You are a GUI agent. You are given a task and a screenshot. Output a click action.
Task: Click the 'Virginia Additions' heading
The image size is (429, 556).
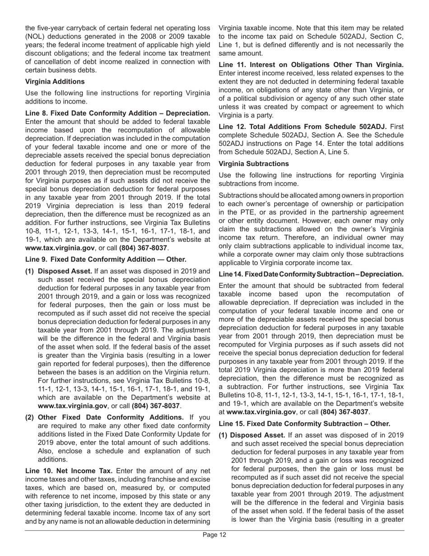coord(55,81)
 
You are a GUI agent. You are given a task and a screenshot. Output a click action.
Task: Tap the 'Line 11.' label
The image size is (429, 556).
coord(233,65)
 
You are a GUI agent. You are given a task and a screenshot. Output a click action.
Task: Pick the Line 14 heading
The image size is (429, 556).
coord(311,274)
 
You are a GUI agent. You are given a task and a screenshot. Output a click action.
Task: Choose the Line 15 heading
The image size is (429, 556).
coord(304,424)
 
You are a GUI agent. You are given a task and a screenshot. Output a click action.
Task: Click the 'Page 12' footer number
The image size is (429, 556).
coord(214,547)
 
